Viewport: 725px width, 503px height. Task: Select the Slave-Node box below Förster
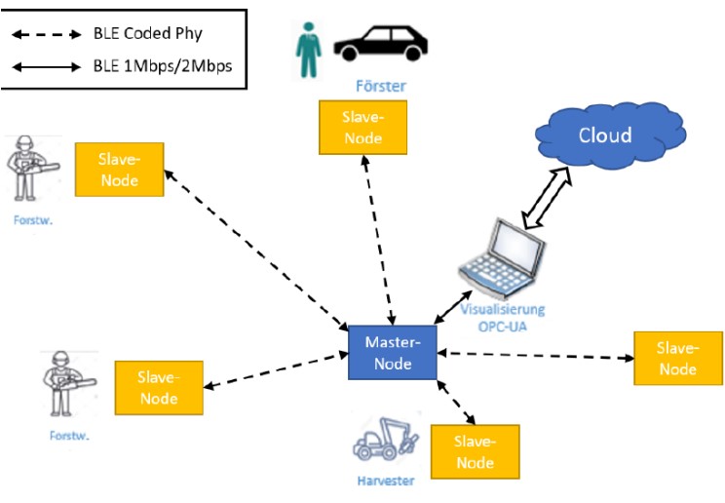tap(363, 128)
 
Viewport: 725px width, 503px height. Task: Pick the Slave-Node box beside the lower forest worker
tap(159, 388)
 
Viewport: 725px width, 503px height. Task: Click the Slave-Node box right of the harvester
tap(475, 451)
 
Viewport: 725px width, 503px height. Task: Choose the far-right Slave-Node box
tap(677, 358)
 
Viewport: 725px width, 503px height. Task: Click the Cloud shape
tap(603, 136)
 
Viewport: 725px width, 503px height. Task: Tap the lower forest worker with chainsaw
tap(62, 384)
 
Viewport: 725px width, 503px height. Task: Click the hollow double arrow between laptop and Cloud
tap(547, 197)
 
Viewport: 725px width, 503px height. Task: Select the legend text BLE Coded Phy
tap(147, 33)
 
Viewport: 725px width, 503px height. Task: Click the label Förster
tap(380, 87)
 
